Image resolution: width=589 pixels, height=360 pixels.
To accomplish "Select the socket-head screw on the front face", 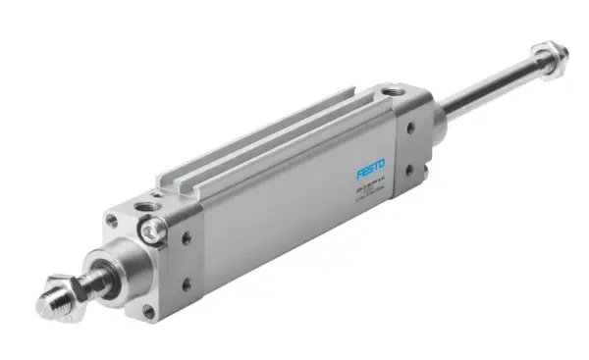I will (x=151, y=231).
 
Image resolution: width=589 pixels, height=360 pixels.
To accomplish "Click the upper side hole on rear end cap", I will (x=409, y=127).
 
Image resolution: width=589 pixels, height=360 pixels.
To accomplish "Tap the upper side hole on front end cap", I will (x=186, y=236).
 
